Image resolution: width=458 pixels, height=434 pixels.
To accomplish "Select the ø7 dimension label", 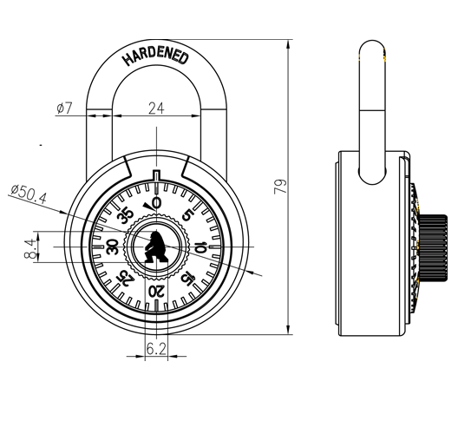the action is (x=64, y=108).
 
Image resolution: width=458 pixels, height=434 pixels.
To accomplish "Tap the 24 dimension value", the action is (x=156, y=108).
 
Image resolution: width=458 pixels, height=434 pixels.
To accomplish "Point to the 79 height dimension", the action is (x=280, y=187).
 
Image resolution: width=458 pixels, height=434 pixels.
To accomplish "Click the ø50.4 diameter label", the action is (x=29, y=194).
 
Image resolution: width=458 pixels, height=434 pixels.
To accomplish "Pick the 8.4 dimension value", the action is (x=29, y=249).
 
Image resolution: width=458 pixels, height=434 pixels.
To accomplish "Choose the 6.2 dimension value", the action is (x=156, y=348).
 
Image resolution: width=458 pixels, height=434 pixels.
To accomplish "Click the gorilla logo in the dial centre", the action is (x=156, y=247).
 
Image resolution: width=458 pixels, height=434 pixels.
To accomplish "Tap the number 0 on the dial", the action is (x=157, y=202).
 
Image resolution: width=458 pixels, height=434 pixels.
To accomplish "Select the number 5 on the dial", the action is (x=188, y=215).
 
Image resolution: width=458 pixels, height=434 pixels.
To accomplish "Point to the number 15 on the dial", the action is (x=188, y=278).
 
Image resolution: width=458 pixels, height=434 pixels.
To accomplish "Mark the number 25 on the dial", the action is (x=125, y=278).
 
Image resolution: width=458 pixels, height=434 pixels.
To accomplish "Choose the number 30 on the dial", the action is (x=113, y=247).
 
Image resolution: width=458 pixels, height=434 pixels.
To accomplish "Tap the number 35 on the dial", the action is (x=125, y=216).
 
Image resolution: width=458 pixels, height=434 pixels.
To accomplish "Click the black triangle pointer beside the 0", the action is (x=148, y=207).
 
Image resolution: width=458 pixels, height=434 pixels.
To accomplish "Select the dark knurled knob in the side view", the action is (x=433, y=248).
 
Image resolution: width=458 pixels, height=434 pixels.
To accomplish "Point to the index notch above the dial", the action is (x=156, y=174).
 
